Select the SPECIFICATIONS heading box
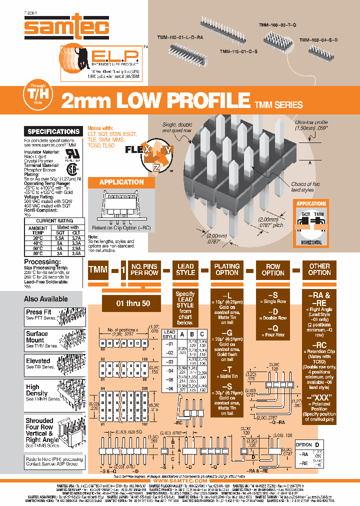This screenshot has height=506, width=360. point(53,131)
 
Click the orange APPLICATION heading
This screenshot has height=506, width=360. point(121,182)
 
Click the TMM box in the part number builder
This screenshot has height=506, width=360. point(98,269)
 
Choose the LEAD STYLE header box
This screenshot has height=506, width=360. point(185,269)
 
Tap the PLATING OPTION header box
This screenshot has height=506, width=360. point(227,269)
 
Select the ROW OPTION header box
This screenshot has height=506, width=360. point(273,269)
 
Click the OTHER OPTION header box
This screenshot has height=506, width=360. point(319,269)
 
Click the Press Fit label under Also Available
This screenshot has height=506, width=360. point(38,312)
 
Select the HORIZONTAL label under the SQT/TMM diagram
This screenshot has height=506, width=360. point(311,242)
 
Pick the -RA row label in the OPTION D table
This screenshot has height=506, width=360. point(303,454)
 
